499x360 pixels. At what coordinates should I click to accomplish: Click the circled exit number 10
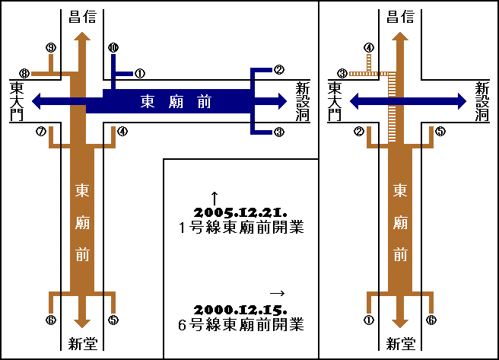pos(113,47)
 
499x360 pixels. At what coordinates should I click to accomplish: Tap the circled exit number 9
pos(50,48)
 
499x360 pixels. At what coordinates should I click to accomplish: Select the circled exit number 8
pos(24,74)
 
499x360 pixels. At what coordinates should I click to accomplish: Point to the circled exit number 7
pos(40,131)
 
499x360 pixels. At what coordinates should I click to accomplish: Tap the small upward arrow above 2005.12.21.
pos(215,196)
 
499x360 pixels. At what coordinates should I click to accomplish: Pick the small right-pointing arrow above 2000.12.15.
pos(277,293)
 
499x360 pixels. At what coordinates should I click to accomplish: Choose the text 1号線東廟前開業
pos(241,228)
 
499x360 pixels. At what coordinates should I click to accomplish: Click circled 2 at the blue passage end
pos(279,70)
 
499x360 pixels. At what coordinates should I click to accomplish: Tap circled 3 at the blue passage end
pos(279,132)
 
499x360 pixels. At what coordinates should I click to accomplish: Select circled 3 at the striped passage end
pos(342,74)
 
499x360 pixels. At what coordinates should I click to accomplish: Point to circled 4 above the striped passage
pos(369,47)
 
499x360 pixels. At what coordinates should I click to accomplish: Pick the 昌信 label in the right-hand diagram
pos(401,16)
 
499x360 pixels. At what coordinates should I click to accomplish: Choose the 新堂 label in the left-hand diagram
pos(82,344)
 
